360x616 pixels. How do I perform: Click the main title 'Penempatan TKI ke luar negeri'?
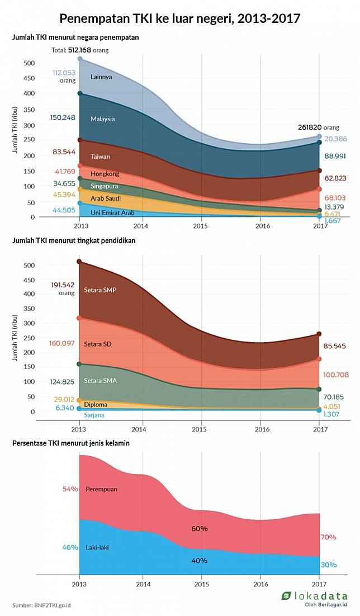click(x=180, y=18)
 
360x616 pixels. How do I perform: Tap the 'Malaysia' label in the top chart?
click(x=103, y=119)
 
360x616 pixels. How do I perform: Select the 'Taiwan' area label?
click(x=100, y=157)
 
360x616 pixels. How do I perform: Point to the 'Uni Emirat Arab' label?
click(x=112, y=213)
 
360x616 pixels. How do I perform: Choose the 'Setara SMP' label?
click(x=100, y=290)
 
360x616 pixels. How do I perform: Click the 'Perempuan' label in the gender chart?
click(x=101, y=489)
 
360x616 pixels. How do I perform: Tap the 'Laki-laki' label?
click(x=97, y=547)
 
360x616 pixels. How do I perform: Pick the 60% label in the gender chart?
click(x=200, y=528)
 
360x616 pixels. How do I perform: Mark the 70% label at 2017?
click(x=329, y=537)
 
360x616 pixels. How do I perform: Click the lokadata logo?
click(x=315, y=598)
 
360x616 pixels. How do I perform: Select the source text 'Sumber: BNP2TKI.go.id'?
click(x=41, y=605)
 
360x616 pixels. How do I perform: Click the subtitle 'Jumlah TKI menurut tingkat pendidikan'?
click(x=74, y=240)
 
